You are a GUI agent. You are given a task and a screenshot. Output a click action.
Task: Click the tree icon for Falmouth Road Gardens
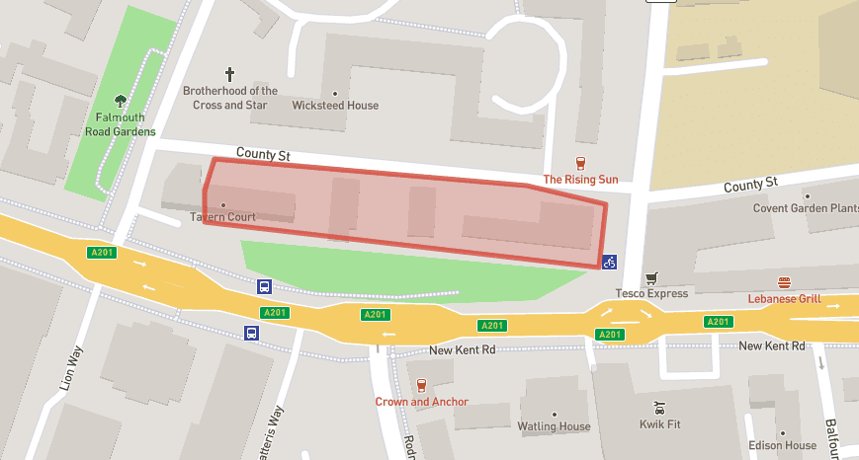(x=121, y=100)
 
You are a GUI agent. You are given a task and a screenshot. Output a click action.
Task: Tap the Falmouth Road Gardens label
(x=120, y=123)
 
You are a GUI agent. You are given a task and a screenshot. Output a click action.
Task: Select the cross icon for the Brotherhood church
(x=230, y=74)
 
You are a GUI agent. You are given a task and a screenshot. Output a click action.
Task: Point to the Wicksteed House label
(x=335, y=106)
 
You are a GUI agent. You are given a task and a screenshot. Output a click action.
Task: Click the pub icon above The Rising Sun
(x=580, y=164)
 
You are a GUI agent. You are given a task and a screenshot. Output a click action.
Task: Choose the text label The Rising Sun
(x=580, y=180)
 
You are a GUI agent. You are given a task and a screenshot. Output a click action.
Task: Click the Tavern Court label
(x=222, y=217)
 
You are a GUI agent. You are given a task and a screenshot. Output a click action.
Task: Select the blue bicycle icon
(x=610, y=262)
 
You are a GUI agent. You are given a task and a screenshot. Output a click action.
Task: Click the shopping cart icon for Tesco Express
(x=650, y=278)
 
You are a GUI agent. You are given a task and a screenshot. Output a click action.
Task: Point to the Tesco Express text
(x=650, y=293)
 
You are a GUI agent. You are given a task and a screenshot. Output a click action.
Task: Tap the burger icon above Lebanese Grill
(x=784, y=282)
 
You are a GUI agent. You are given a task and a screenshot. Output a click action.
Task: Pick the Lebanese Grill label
(x=784, y=298)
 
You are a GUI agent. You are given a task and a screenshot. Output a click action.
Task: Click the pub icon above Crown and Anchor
(x=421, y=386)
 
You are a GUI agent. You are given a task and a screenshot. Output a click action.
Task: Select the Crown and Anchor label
(x=421, y=402)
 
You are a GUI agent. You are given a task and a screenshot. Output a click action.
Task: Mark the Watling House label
(x=554, y=426)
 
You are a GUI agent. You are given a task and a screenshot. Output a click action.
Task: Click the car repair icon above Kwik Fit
(x=659, y=407)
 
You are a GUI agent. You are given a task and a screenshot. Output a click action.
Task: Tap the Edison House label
(x=782, y=445)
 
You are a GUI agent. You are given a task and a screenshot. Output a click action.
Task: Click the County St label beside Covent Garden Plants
(x=750, y=185)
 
